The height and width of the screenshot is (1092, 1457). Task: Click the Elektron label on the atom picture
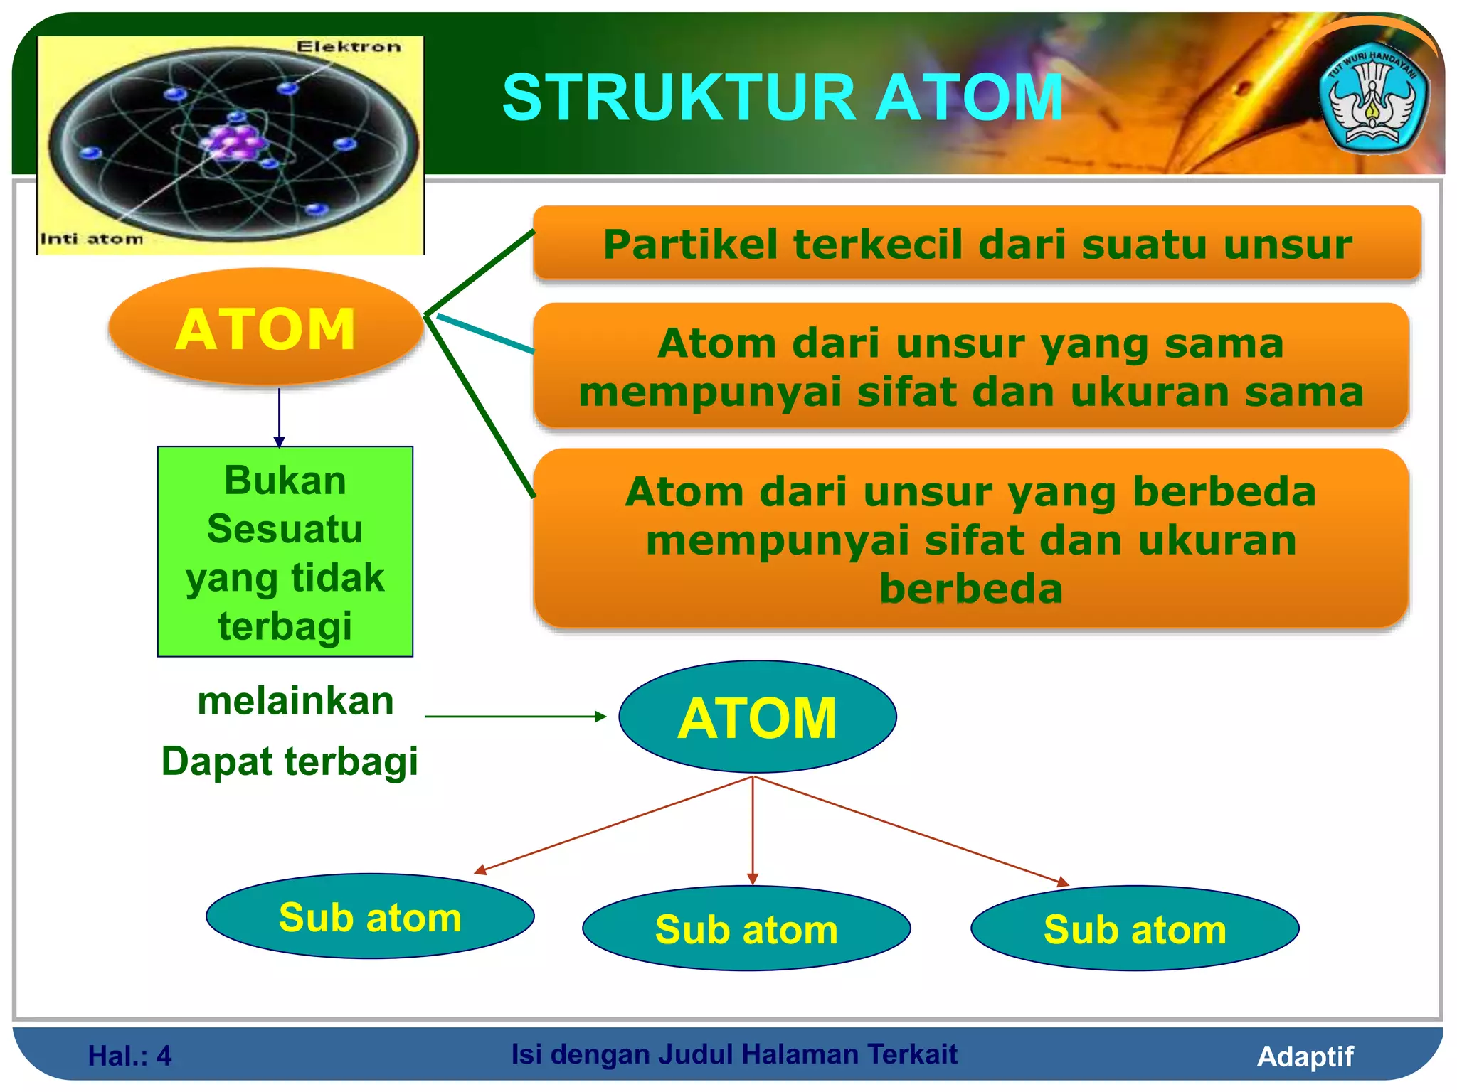point(349,47)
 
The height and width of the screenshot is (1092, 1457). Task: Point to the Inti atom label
point(91,239)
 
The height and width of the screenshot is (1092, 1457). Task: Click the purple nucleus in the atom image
point(235,142)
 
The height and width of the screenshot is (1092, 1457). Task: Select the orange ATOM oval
point(265,328)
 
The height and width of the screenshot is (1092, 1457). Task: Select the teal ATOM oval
point(757,717)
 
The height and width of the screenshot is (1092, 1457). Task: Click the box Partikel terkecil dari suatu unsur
point(977,244)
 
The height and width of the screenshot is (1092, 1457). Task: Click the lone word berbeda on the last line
point(970,589)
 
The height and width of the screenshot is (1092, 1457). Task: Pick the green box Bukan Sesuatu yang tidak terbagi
point(285,552)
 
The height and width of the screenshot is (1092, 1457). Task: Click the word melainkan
point(295,701)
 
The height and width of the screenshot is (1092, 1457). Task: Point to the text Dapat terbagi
point(290,761)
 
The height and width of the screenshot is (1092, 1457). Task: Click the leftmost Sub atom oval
point(370,917)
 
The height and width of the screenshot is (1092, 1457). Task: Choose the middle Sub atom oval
point(746,929)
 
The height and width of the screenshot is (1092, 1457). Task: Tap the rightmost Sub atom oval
point(1135,929)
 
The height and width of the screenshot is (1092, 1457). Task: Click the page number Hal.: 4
point(129,1056)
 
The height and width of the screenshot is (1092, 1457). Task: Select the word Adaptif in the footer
point(1305,1056)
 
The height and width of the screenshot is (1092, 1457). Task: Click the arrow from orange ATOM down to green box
point(279,417)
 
